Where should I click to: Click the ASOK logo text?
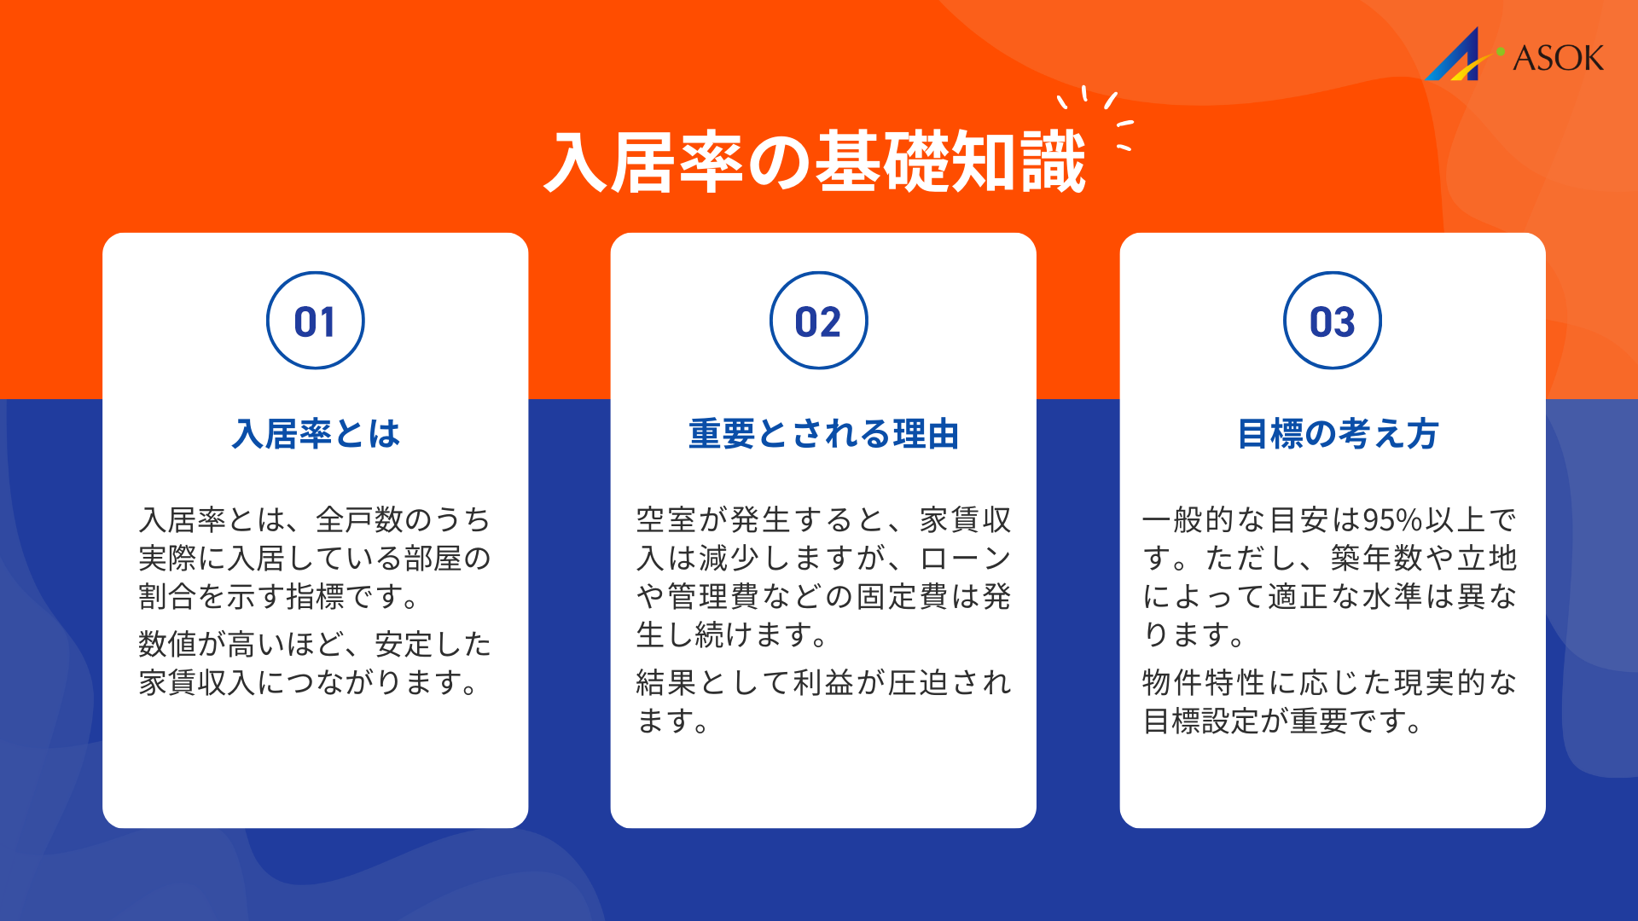coord(1558,58)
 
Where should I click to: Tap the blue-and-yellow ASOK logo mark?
coord(1457,57)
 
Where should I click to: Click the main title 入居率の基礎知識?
coord(815,162)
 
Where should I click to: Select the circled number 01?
coord(315,321)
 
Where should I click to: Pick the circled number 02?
coord(818,321)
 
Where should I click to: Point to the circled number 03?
coord(1332,321)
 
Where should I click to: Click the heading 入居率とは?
coord(316,434)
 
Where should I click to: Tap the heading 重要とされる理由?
coord(823,434)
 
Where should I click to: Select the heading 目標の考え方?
coord(1338,434)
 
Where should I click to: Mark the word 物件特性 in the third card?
coord(1204,683)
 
